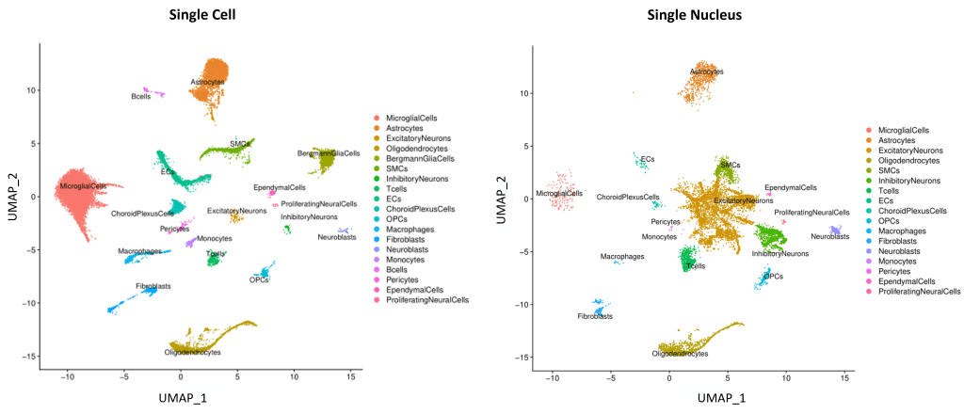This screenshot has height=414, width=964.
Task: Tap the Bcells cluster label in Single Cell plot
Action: click(x=140, y=96)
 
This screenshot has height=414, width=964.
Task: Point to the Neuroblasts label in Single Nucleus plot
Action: click(x=829, y=236)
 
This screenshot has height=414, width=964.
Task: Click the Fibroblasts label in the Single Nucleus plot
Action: click(x=594, y=317)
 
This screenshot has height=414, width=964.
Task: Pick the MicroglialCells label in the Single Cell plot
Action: click(x=84, y=187)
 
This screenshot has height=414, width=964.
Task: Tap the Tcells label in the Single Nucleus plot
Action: click(x=696, y=266)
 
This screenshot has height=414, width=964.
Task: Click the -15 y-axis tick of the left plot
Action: click(x=31, y=356)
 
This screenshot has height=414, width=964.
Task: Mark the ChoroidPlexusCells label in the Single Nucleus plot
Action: click(x=628, y=197)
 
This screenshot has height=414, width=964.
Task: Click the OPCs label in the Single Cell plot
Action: click(x=258, y=280)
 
